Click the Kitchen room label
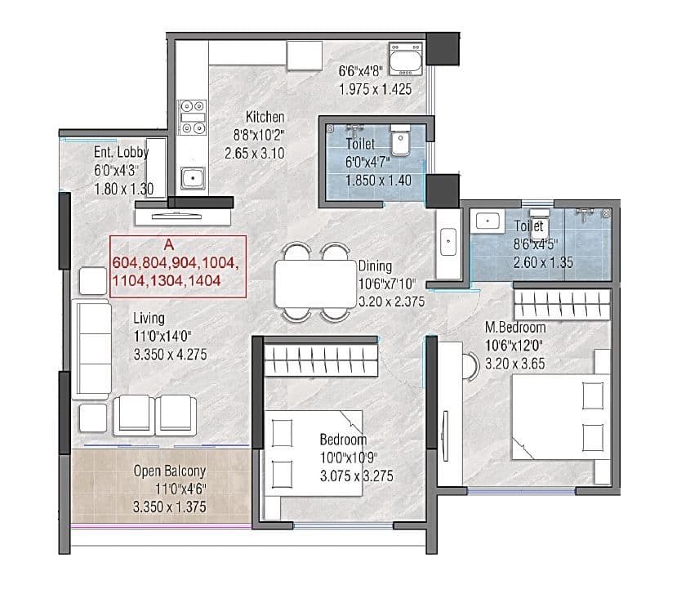(265, 118)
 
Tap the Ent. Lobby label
(120, 152)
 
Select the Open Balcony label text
(170, 471)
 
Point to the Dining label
(375, 266)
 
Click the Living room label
(149, 318)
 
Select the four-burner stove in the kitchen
(194, 116)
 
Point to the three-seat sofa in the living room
(91, 348)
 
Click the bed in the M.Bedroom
(560, 418)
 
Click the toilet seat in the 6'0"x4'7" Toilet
(401, 141)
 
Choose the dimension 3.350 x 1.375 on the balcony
(170, 507)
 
